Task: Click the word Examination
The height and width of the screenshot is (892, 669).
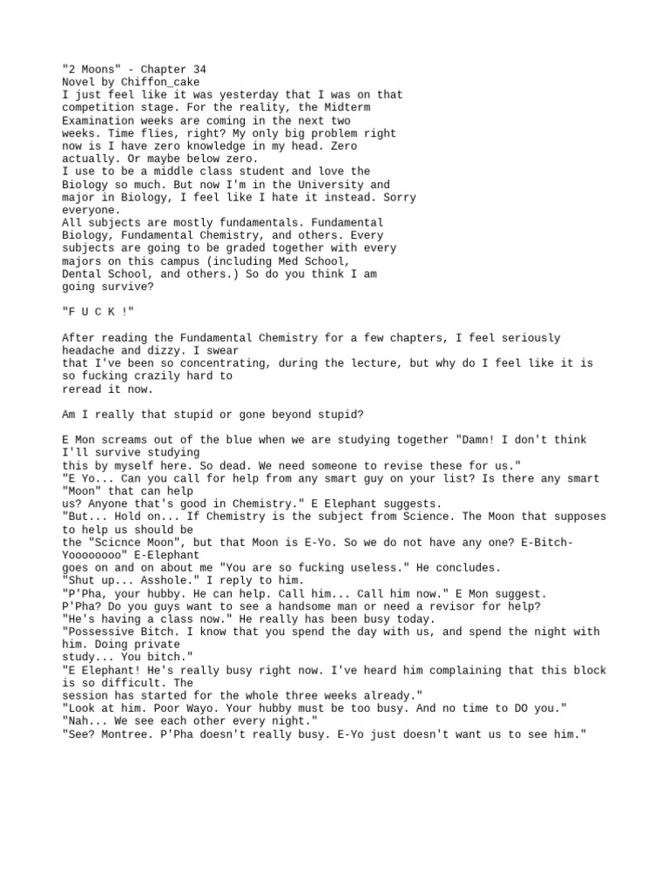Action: [x=98, y=120]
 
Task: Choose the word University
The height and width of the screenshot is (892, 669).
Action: [x=335, y=185]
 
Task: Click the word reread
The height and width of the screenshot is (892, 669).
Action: [x=83, y=389]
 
